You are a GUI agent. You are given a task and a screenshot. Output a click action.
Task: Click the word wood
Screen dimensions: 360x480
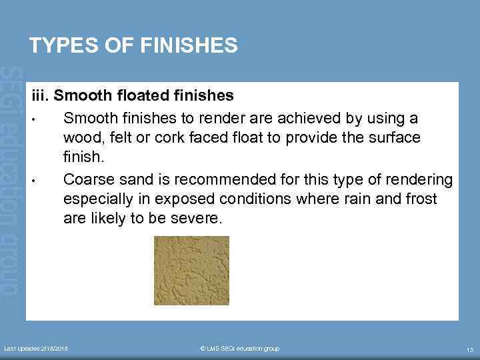[x=81, y=137]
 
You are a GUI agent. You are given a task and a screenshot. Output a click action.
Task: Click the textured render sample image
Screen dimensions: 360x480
[x=191, y=270]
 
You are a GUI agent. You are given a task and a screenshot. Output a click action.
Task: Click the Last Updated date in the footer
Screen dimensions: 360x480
[x=36, y=349]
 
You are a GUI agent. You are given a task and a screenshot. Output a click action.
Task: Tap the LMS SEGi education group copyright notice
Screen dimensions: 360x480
[x=239, y=349]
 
